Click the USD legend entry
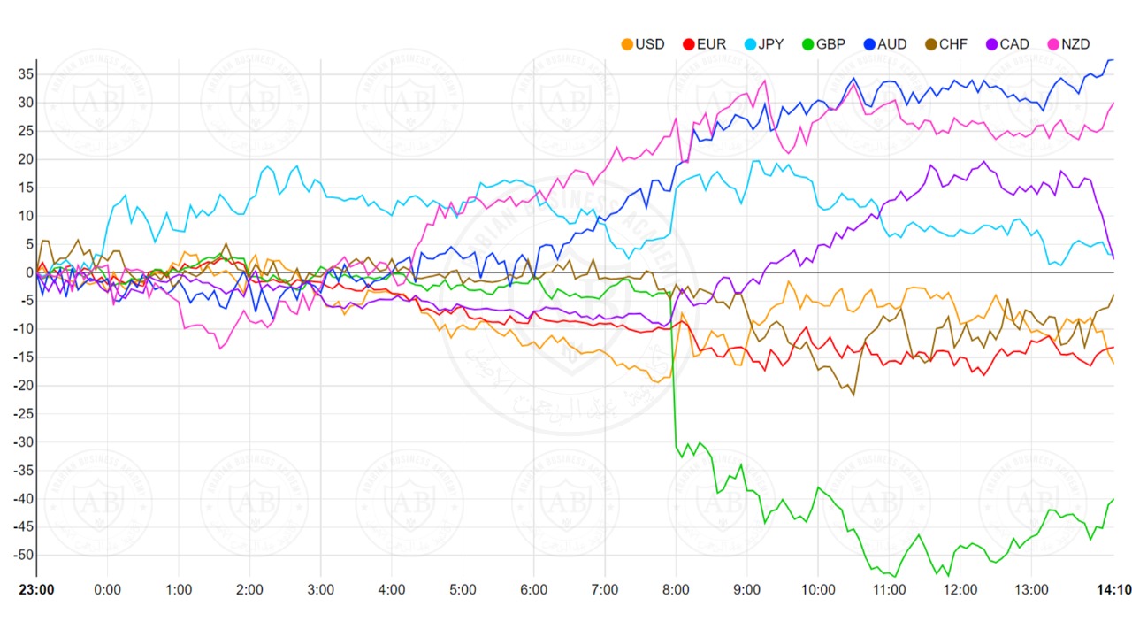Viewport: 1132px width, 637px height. (643, 43)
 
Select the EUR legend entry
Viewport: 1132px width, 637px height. (705, 43)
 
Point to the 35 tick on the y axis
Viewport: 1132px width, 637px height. (24, 74)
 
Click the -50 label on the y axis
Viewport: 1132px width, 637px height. (21, 556)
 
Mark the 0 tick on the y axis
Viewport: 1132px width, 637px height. (28, 272)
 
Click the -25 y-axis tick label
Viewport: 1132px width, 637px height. (21, 414)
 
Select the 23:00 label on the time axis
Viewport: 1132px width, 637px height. (36, 590)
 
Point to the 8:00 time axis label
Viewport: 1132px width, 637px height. (676, 590)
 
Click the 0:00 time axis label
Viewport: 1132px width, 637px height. (107, 590)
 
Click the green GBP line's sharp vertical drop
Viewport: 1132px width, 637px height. (675, 372)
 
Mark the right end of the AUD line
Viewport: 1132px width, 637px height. (1113, 59)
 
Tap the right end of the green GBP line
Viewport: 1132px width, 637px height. (1113, 499)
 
